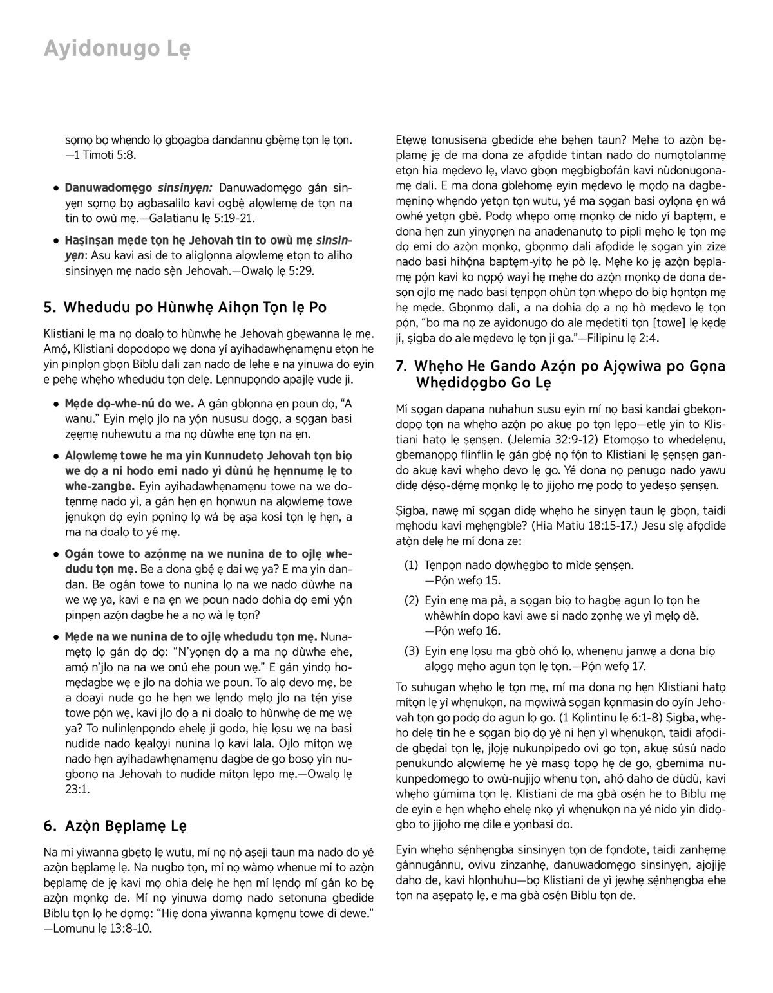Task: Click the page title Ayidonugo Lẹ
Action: click(117, 49)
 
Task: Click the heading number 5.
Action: click(49, 308)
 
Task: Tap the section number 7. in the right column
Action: click(401, 366)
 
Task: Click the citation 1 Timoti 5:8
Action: click(104, 155)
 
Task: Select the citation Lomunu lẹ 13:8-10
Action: click(103, 929)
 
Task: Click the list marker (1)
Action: click(412, 565)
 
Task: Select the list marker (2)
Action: click(412, 600)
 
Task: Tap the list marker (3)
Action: click(412, 651)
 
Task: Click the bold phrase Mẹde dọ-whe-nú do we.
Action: click(129, 404)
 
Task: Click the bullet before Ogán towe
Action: click(57, 554)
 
